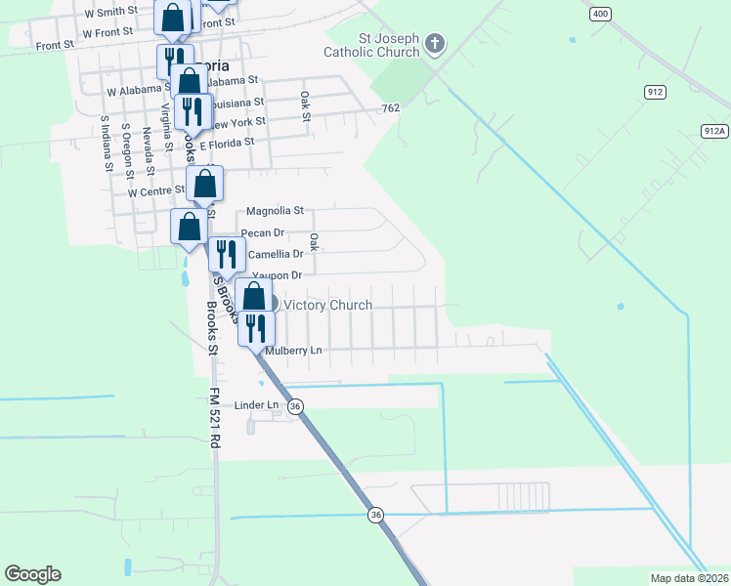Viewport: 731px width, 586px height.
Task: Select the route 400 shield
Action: tap(600, 14)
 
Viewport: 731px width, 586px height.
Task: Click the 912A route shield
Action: tap(714, 131)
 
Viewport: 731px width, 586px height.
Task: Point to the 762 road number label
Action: tap(391, 108)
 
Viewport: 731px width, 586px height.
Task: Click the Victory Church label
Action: tap(327, 306)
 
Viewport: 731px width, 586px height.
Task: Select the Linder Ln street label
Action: tap(256, 404)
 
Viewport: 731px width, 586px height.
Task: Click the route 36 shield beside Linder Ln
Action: tap(295, 405)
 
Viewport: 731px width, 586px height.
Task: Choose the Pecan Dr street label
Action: tap(262, 232)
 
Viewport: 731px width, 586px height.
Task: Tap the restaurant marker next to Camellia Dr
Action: tap(226, 254)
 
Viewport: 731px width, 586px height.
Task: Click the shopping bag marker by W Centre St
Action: tap(205, 183)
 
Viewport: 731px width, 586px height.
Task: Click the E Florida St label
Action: tap(227, 142)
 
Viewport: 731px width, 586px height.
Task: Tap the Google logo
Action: tap(32, 574)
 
